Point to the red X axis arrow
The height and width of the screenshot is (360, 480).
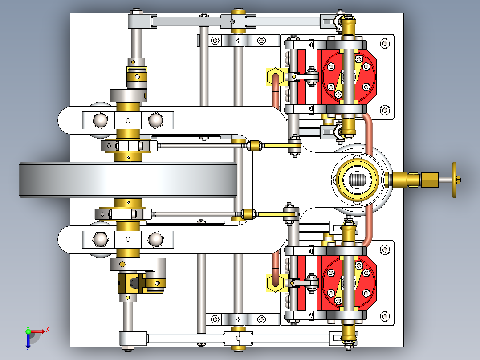41,331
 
